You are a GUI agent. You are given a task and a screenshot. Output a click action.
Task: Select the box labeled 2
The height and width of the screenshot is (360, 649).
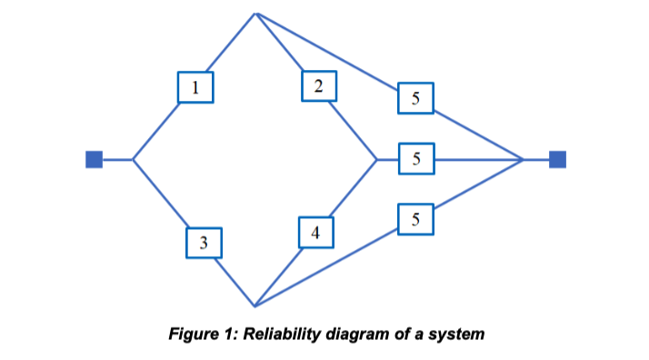(x=318, y=86)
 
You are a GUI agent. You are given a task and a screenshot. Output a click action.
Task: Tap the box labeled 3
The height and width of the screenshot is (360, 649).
(x=204, y=243)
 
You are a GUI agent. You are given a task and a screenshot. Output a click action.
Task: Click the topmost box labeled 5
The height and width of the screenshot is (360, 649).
(x=415, y=99)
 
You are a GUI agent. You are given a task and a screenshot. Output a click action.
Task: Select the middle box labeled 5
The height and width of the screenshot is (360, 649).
(x=415, y=159)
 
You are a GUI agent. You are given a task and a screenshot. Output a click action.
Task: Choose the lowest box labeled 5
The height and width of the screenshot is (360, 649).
(x=415, y=219)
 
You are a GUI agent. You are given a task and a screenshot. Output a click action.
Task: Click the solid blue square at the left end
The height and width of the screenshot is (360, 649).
(x=94, y=160)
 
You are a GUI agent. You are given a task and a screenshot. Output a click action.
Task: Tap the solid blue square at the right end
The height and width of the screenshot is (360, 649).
(x=557, y=160)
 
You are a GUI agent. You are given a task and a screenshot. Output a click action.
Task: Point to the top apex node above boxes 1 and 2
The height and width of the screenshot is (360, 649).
(x=257, y=14)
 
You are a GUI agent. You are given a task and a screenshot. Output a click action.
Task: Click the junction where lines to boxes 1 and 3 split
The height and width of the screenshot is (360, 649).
(x=134, y=160)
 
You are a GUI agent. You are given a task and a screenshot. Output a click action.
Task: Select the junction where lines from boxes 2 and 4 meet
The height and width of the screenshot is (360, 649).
(x=376, y=160)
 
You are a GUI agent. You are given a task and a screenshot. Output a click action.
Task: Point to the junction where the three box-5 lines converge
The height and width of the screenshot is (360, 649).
(x=524, y=160)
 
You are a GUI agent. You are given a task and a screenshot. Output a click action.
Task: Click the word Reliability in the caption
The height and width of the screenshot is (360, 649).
(x=273, y=334)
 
